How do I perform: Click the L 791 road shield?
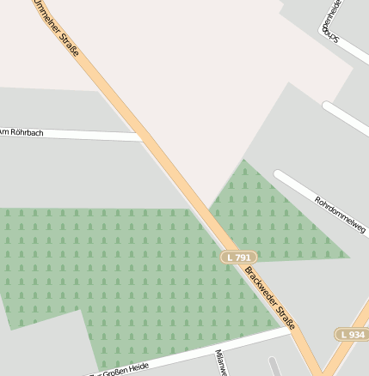click(240, 258)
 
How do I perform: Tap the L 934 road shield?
click(352, 334)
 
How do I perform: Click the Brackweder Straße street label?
click(270, 298)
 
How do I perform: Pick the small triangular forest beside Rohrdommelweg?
click(258, 215)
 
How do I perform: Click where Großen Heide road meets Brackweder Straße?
click(289, 327)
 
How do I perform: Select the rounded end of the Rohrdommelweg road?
click(279, 175)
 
